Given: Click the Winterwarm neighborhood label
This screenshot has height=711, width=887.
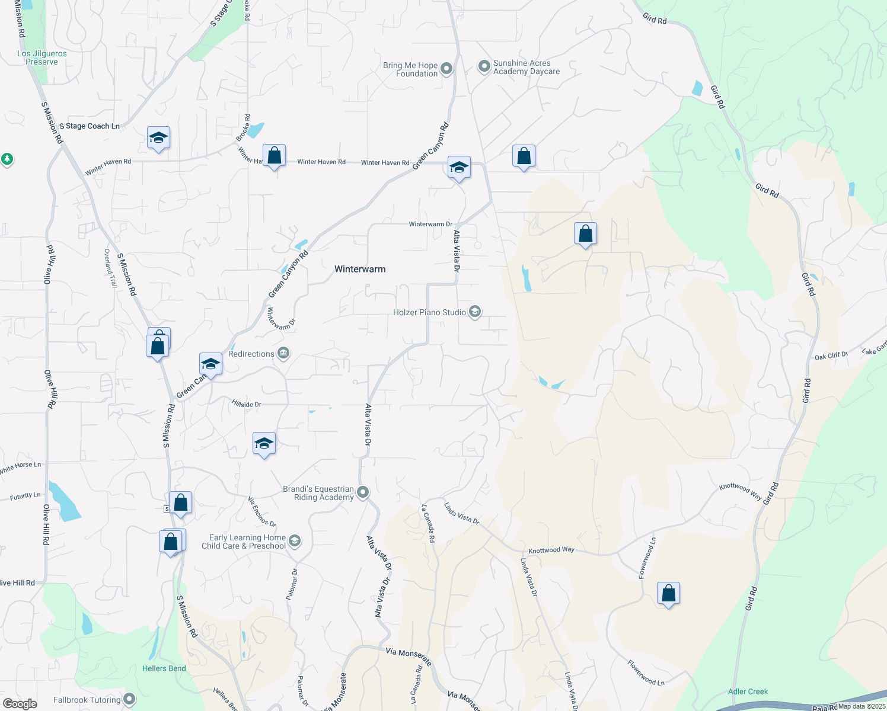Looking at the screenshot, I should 360,269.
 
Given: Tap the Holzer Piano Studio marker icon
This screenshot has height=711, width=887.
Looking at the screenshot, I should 474,312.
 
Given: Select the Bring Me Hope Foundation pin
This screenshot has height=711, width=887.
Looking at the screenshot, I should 446,69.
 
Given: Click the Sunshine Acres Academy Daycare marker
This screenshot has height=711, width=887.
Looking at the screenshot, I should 484,66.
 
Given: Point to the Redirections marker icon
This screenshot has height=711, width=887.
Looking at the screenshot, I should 283,354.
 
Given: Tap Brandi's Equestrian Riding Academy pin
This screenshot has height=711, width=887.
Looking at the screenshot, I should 363,492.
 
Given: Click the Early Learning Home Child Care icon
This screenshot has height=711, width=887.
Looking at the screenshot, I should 295,541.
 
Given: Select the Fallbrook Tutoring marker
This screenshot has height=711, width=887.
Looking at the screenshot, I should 129,699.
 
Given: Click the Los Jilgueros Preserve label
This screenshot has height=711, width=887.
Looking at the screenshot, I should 42,57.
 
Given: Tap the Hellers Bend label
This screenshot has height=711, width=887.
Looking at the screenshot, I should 164,668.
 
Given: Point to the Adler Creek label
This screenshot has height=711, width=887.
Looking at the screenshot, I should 748,691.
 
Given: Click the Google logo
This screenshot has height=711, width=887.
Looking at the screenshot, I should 20,703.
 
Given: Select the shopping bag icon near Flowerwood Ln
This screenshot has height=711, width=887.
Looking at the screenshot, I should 668,593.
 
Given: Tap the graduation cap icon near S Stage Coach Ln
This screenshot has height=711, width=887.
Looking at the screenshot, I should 158,138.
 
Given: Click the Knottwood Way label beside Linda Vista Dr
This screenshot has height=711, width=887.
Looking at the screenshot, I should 551,550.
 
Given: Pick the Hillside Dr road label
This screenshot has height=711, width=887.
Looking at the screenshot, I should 247,404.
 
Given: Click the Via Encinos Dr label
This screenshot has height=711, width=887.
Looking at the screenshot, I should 262,511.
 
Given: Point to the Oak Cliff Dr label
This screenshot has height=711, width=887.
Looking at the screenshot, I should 831,355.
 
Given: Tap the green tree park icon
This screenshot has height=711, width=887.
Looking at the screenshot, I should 7,159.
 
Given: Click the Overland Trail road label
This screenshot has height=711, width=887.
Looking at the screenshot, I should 111,268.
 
